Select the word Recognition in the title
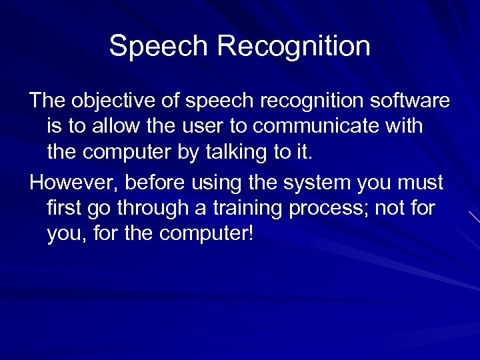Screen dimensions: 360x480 (294, 47)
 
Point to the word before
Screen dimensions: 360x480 (151, 183)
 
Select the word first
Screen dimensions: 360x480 (65, 209)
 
